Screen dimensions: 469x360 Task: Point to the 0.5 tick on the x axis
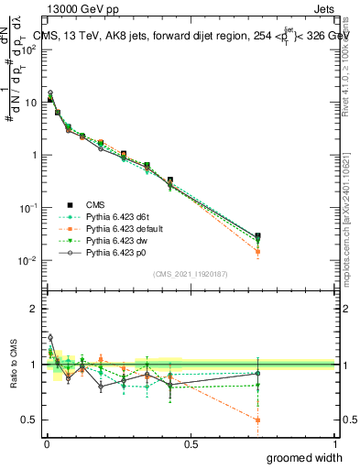(191, 444)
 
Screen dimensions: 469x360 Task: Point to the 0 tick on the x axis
(46, 444)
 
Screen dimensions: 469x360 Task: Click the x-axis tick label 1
(334, 444)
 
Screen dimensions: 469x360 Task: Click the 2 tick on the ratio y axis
(34, 310)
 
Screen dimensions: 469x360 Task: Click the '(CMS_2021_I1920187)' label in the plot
(190, 273)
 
